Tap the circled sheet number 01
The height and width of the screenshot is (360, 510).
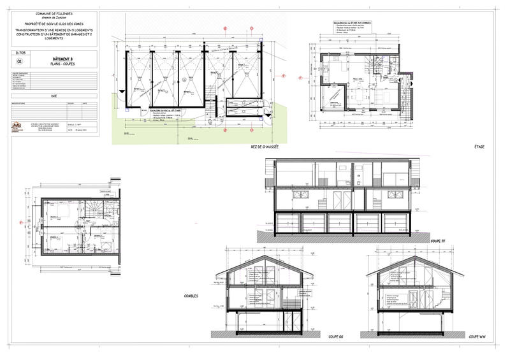(19, 62)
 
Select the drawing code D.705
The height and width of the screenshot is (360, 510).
(19, 54)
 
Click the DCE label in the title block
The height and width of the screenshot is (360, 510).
(54, 96)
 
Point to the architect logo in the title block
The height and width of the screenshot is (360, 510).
(17, 126)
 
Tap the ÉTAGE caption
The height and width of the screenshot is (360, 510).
(479, 147)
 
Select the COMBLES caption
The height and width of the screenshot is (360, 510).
(191, 296)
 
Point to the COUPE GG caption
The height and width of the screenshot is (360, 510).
(336, 336)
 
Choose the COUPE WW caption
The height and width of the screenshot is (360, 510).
(478, 336)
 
